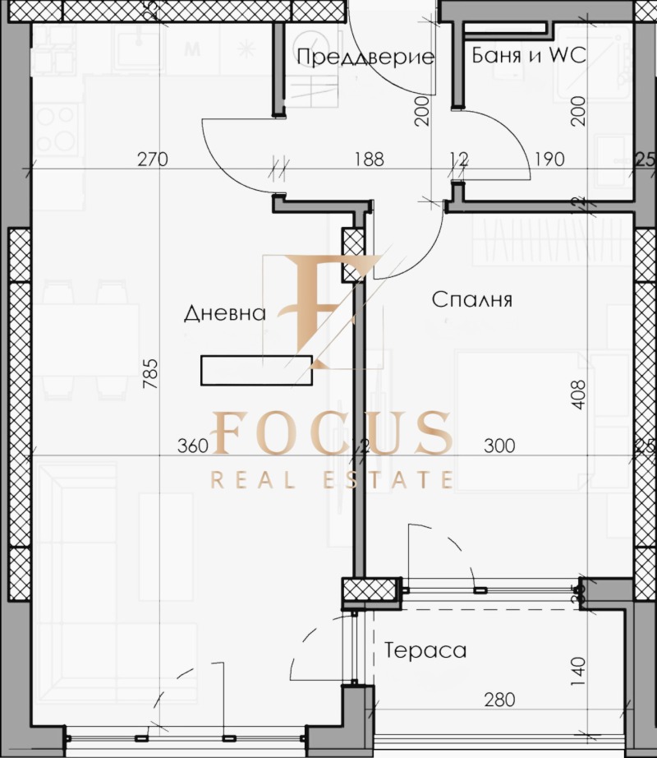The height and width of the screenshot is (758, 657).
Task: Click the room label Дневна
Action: click(x=225, y=313)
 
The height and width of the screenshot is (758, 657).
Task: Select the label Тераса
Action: click(x=425, y=650)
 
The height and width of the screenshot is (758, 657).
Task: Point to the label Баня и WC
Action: click(x=529, y=57)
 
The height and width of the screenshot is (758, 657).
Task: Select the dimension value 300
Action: click(x=499, y=446)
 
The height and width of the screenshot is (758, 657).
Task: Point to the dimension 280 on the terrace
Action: click(x=499, y=700)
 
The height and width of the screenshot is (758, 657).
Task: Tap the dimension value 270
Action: click(x=153, y=159)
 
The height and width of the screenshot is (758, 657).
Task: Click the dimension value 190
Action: click(x=549, y=159)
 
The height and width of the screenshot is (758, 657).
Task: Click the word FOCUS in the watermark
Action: click(x=333, y=432)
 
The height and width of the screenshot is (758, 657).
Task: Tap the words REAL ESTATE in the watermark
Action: click(x=333, y=480)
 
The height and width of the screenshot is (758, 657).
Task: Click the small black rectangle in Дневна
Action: click(x=256, y=369)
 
